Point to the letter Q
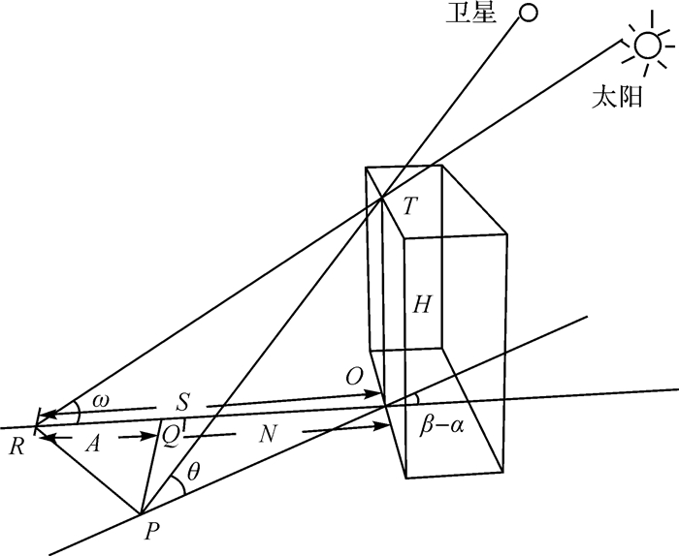coord(169,438)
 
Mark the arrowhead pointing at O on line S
coord(377,393)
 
